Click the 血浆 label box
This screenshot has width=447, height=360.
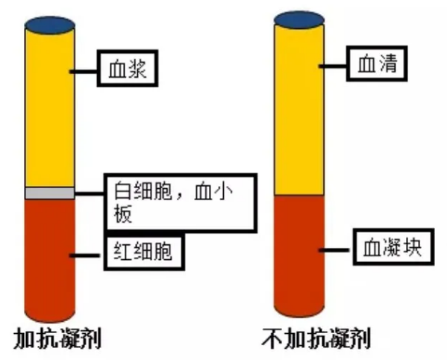tap(128, 68)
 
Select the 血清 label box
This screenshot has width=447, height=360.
tap(377, 63)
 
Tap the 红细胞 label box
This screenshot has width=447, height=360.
tap(144, 251)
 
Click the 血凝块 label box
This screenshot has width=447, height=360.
tap(394, 246)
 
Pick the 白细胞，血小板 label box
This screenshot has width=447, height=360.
tap(181, 202)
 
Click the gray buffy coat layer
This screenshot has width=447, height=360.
tap(49, 193)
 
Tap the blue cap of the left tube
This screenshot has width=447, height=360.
tap(49, 25)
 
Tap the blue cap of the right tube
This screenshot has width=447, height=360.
tap(299, 20)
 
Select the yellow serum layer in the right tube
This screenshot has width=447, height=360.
tap(299, 110)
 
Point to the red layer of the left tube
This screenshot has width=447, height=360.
tap(49, 260)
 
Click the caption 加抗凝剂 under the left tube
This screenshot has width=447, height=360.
tap(57, 339)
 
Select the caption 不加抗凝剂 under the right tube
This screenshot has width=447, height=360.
tap(316, 339)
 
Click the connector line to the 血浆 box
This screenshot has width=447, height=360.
tap(84, 71)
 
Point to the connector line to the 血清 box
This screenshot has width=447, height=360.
tap(333, 66)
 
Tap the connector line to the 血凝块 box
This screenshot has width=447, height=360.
tap(337, 250)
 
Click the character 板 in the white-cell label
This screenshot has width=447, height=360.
tap(123, 214)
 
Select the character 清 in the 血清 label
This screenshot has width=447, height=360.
tap(388, 63)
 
